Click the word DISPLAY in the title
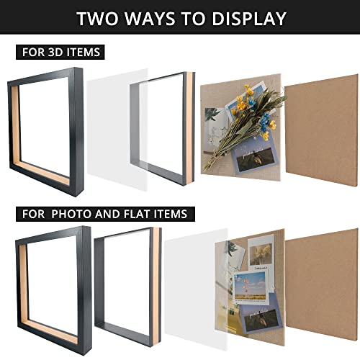[249, 19]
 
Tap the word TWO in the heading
[97, 19]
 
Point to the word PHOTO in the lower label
[72, 214]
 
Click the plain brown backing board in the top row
[322, 130]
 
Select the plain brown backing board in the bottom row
[322, 284]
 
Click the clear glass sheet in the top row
[117, 130]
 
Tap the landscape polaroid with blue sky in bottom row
[251, 287]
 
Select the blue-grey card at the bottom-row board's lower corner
[261, 315]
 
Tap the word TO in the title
[194, 19]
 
